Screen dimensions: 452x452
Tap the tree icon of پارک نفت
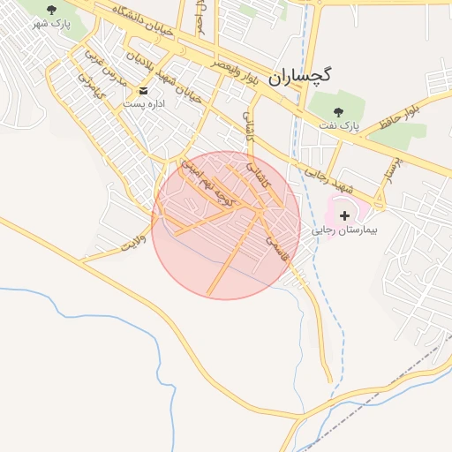pos(338,112)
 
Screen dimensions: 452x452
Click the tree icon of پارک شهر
pos(51,10)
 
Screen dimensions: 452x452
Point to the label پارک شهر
pos(51,23)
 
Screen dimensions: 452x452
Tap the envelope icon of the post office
pos(142,90)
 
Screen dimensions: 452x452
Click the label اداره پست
pos(142,104)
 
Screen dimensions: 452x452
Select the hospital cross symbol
pos(344,215)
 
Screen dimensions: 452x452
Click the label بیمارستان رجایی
pos(344,230)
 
